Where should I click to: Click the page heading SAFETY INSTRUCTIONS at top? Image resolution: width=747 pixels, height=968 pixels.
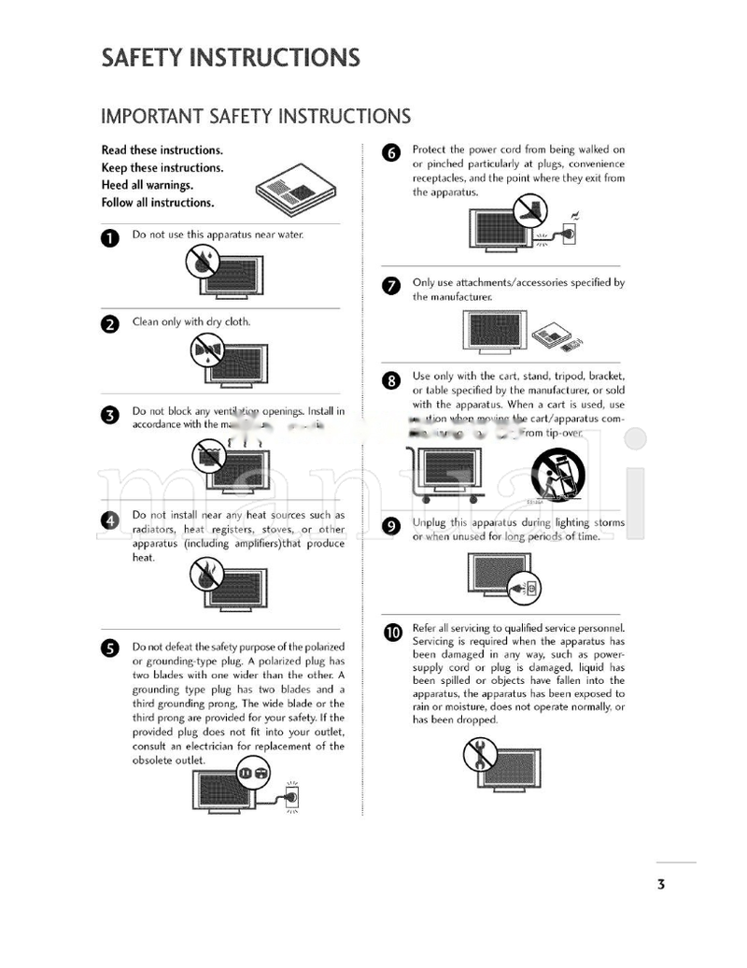[x=230, y=58]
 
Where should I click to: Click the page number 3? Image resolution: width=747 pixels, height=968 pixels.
[x=660, y=884]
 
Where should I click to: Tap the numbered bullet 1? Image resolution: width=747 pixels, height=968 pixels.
[x=109, y=238]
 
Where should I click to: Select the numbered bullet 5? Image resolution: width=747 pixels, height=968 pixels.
[x=109, y=648]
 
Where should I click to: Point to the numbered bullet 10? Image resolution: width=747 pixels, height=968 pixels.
[x=392, y=633]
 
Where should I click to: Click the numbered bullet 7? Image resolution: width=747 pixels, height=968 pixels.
[x=392, y=286]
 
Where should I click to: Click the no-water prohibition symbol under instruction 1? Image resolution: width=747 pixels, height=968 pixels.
[x=203, y=261]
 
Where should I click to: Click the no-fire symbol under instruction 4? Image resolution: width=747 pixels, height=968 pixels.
[x=205, y=574]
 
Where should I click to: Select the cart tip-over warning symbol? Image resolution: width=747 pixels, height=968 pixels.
[x=557, y=474]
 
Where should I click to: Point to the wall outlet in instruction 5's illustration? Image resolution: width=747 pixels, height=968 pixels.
[x=290, y=796]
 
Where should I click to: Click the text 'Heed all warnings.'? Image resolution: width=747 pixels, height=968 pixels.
[x=148, y=185]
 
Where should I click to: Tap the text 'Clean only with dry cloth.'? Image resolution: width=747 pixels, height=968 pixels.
[x=191, y=322]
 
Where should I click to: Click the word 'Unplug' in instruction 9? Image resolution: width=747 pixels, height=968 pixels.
[x=429, y=522]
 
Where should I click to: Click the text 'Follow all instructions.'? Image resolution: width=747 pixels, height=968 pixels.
[x=157, y=203]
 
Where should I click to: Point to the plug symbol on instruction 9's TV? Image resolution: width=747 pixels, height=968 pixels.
[x=521, y=589]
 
